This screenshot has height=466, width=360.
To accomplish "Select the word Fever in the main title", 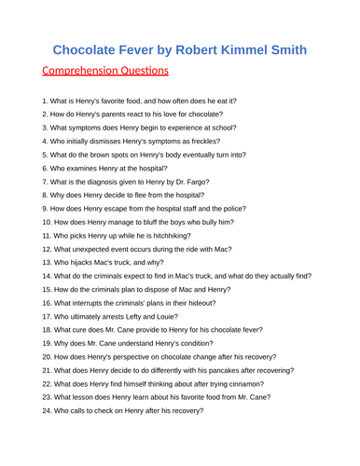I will coord(144,49).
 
